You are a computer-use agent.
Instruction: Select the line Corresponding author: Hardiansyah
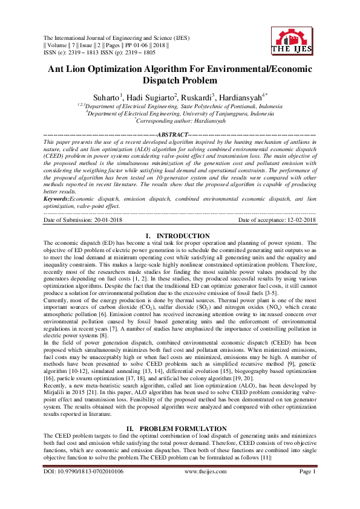tap(179, 121)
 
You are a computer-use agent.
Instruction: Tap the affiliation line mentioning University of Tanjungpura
tap(179, 113)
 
